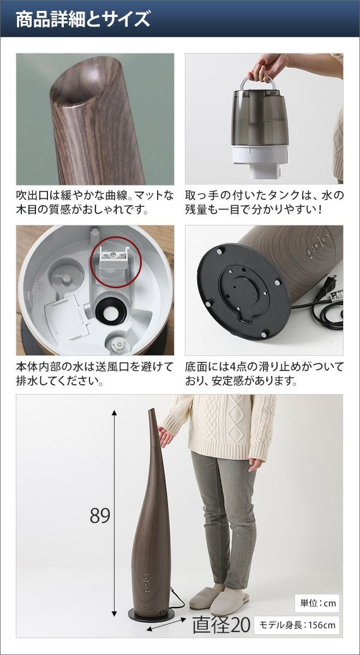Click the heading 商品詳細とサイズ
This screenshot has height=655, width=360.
(83, 20)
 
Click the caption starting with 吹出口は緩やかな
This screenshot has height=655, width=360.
(95, 203)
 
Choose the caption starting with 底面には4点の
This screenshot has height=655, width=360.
(264, 374)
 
